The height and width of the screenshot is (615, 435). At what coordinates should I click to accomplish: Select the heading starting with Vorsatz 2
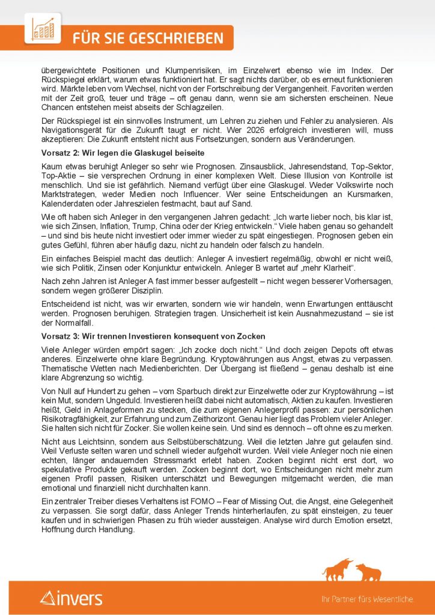click(118, 153)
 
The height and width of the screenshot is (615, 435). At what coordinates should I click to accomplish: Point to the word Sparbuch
click(169, 390)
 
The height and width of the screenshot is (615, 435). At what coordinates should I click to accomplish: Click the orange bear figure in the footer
click(368, 571)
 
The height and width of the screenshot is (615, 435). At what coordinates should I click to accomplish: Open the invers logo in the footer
click(71, 598)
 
